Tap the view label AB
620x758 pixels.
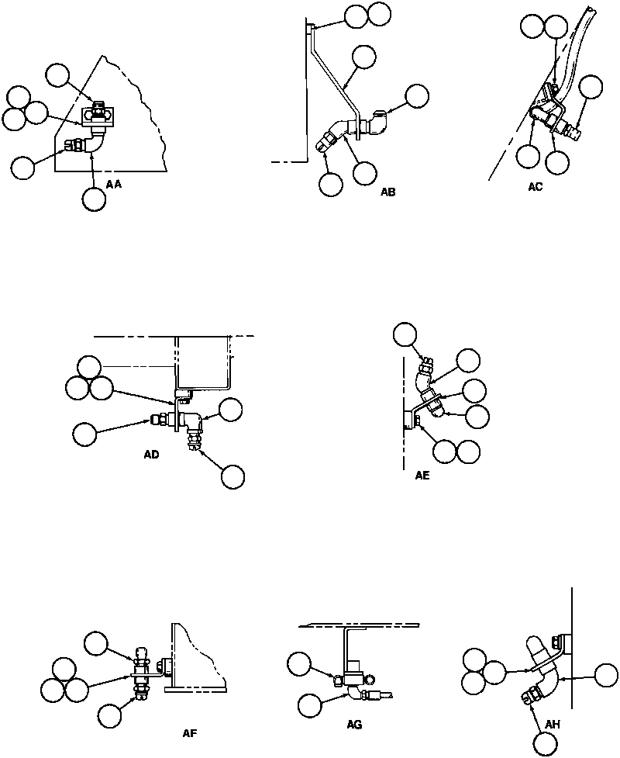pyautogui.click(x=387, y=192)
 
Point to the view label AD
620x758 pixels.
pyautogui.click(x=152, y=455)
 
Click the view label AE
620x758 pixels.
pyautogui.click(x=422, y=478)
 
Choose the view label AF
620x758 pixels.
pyautogui.click(x=188, y=732)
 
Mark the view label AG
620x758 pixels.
pyautogui.click(x=355, y=725)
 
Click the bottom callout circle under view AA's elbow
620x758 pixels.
pyautogui.click(x=94, y=199)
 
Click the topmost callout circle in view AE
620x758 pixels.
pyautogui.click(x=405, y=335)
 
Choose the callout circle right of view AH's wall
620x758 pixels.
pyautogui.click(x=604, y=675)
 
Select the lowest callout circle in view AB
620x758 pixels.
pyautogui.click(x=331, y=184)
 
